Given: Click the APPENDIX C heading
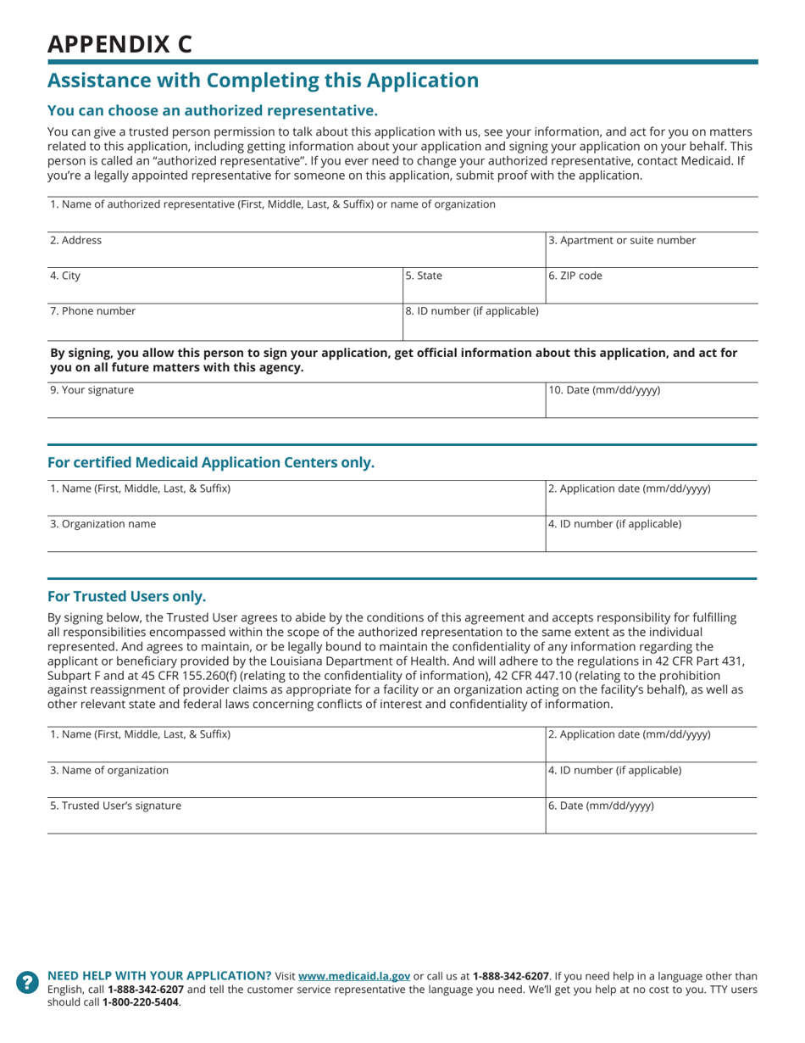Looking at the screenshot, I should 119,44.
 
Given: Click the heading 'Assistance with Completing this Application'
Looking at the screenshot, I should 263,81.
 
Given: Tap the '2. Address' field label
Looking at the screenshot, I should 76,240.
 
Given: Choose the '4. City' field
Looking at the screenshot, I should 223,283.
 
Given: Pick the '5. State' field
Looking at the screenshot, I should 472,283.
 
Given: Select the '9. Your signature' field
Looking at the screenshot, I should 295,399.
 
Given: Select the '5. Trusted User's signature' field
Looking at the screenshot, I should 295,814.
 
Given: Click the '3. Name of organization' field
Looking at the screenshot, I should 295,778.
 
